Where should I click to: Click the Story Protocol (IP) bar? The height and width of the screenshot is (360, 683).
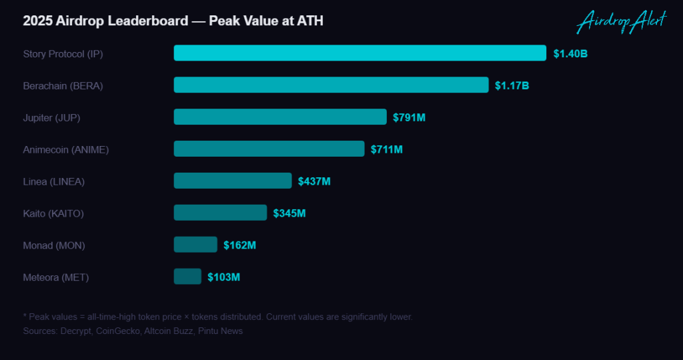tap(360, 53)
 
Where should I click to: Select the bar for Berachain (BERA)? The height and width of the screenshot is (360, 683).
tap(331, 85)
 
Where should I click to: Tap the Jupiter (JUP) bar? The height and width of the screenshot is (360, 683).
tap(280, 117)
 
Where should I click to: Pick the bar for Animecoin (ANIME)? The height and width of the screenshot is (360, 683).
tap(269, 149)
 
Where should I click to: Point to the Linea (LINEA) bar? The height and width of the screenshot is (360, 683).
tap(233, 181)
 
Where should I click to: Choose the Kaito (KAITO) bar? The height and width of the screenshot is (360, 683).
tap(220, 213)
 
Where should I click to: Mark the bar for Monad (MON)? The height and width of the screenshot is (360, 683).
tap(195, 245)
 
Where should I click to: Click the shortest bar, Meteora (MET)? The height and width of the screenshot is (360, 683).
tap(187, 277)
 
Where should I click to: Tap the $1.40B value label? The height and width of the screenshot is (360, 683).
tap(571, 53)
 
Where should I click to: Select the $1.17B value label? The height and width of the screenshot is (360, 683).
tap(512, 86)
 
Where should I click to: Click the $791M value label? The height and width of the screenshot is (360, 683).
tap(409, 117)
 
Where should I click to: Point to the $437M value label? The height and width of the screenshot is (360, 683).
tap(314, 181)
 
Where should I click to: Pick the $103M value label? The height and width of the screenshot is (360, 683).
tap(223, 277)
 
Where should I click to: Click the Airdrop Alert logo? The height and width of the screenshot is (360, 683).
tap(622, 21)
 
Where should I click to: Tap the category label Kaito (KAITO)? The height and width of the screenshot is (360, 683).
tap(53, 213)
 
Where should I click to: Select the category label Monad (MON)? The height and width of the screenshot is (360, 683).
tap(54, 245)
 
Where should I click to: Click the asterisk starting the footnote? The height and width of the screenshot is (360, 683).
tap(25, 315)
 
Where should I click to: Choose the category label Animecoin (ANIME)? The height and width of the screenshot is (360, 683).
tap(66, 150)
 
